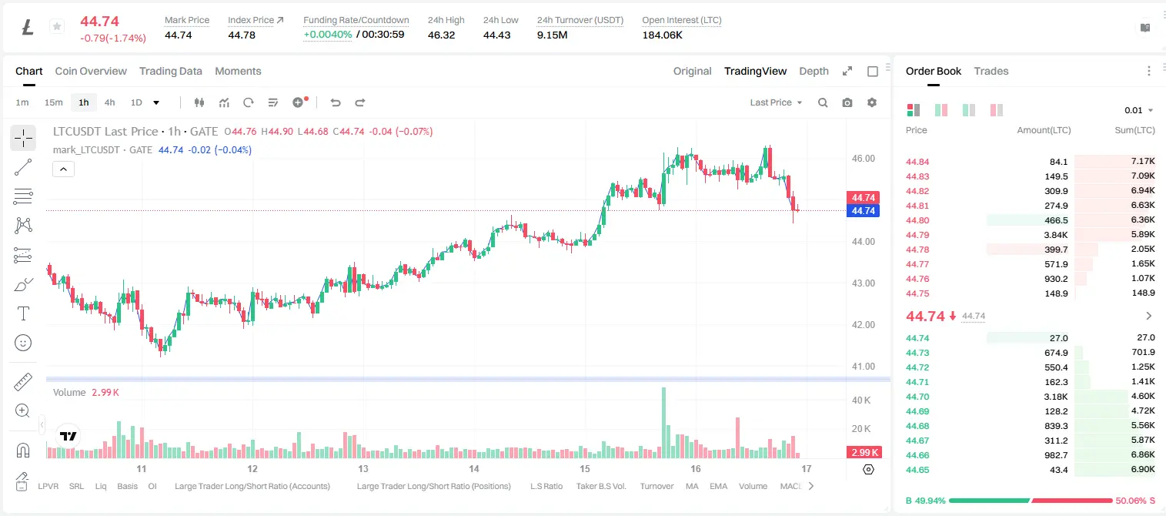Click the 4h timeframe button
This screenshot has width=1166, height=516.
coord(109,102)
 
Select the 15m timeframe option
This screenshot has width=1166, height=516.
coord(53,102)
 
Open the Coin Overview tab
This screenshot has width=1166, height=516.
coord(91,71)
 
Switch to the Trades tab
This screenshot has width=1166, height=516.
coord(991,71)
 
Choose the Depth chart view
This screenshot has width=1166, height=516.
coord(814,71)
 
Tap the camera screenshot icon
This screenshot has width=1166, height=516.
coord(847,102)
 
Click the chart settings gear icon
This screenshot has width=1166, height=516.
coord(872,102)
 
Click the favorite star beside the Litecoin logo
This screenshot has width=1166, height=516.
coord(57,26)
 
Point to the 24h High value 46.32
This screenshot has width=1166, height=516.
coord(442,35)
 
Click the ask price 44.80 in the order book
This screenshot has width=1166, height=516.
coord(917,220)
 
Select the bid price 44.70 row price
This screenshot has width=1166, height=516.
coord(917,397)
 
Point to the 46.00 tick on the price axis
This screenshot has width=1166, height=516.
coord(864,159)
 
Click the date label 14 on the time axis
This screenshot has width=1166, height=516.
coord(473,468)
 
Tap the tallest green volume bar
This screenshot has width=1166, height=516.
coord(663,423)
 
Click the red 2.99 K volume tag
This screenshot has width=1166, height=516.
coord(864,453)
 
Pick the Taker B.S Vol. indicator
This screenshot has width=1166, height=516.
coord(600,486)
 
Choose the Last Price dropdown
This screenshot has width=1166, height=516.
coord(776,102)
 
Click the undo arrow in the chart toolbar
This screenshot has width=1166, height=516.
coord(336,102)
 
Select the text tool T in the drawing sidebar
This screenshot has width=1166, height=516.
coord(23,313)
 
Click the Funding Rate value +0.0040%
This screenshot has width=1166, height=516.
coord(328,35)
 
